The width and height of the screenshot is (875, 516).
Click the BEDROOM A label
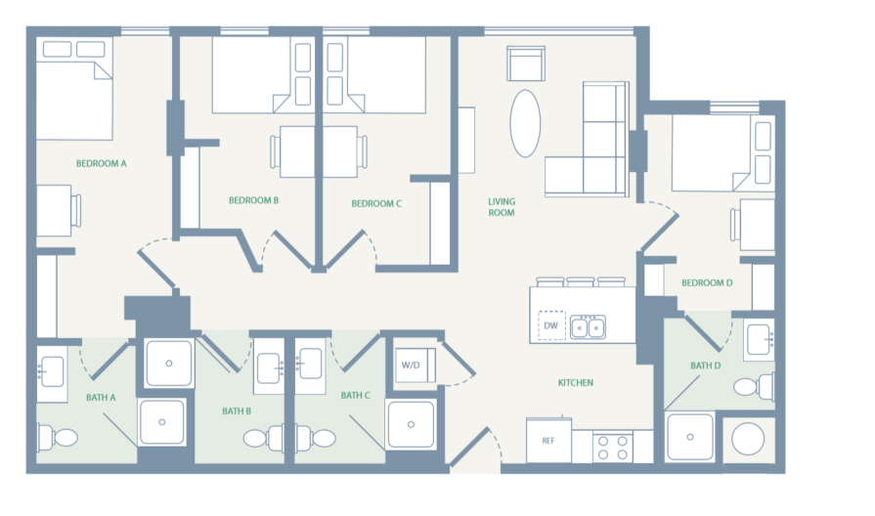pos(102,163)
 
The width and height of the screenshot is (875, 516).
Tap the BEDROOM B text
pos(254,200)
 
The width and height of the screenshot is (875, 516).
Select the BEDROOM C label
pos(376,203)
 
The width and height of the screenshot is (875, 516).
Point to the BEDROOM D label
pos(707,283)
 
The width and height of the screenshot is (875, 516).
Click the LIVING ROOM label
pos(502,207)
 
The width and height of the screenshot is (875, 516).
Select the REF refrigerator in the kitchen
pos(548,441)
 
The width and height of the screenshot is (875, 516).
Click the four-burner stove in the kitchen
pos(612,448)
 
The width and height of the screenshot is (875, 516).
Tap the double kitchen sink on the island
pos(588,325)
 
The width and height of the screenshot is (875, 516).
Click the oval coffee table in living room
pos(525,123)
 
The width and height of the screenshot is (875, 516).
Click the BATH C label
pos(355,396)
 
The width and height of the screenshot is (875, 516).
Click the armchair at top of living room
pos(524,64)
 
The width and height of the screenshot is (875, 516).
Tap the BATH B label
pos(237,411)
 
